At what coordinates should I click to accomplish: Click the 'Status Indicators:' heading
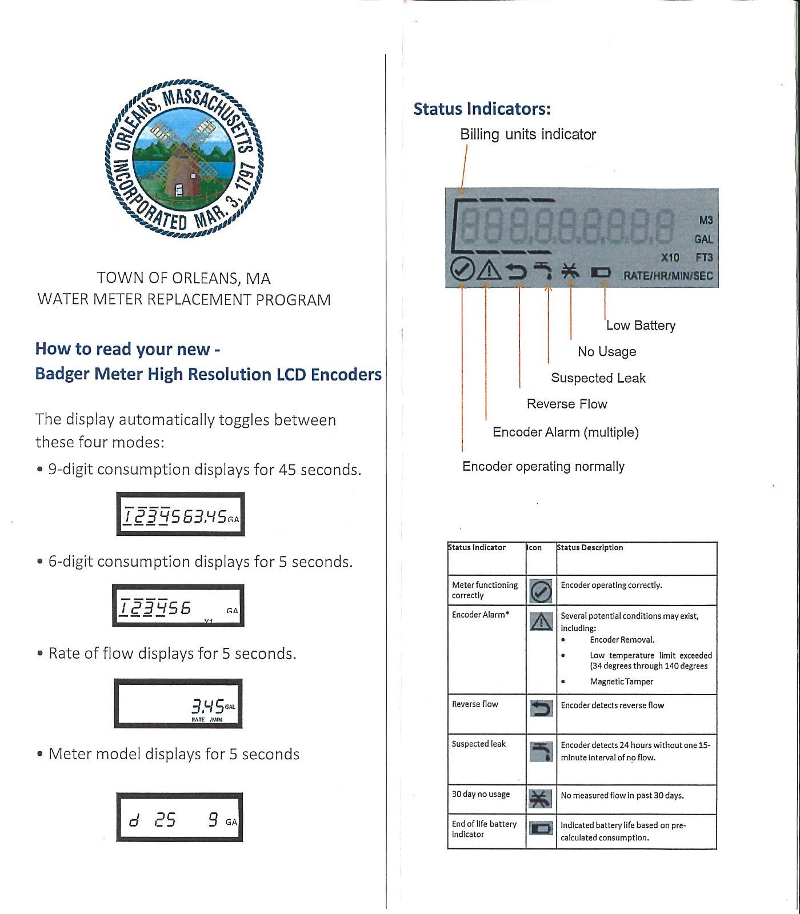(482, 109)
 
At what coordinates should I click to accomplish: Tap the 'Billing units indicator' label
(527, 134)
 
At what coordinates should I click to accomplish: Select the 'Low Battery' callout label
(641, 325)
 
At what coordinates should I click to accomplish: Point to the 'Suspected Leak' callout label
(598, 378)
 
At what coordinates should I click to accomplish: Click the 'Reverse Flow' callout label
(566, 404)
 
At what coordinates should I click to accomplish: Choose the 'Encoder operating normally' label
(543, 466)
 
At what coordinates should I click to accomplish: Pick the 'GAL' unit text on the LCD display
(703, 239)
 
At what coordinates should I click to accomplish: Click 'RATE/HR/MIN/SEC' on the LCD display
(667, 275)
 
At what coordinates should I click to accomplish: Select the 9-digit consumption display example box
(181, 514)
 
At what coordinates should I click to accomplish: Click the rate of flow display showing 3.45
(178, 703)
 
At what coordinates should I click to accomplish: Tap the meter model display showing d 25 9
(179, 817)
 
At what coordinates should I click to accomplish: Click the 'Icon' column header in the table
(534, 547)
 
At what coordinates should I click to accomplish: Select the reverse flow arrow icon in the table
(541, 709)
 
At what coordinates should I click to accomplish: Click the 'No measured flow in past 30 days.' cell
(622, 795)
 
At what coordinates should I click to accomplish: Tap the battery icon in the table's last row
(541, 828)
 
